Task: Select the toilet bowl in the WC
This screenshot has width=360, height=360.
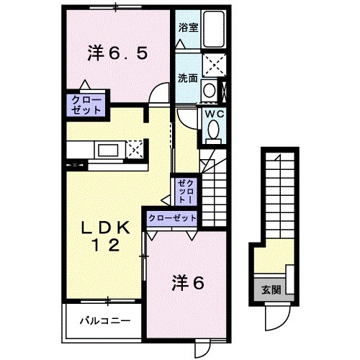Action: click(x=215, y=130)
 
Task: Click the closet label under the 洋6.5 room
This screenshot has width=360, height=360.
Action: click(x=87, y=104)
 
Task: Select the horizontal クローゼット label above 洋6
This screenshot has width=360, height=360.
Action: click(x=172, y=217)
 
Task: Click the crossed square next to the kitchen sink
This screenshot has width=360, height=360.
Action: click(x=135, y=150)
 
